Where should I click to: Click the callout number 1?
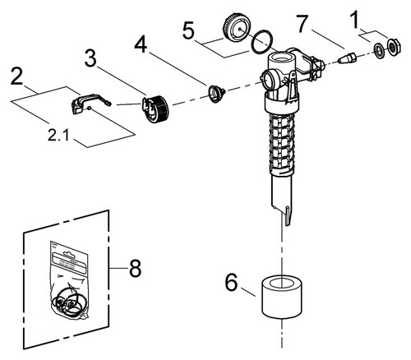tap(355, 20)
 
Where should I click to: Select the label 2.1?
tap(58, 135)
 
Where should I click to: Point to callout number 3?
tap(90, 58)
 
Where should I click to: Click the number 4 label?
tap(141, 44)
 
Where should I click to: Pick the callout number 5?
tap(188, 30)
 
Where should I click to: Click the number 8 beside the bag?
tap(135, 268)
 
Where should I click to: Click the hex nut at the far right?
tap(394, 46)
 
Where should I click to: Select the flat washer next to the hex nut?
tap(379, 50)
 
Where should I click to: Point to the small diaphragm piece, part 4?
tap(216, 94)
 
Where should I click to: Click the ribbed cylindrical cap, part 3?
tap(155, 108)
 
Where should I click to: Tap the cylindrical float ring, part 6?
tap(282, 297)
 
